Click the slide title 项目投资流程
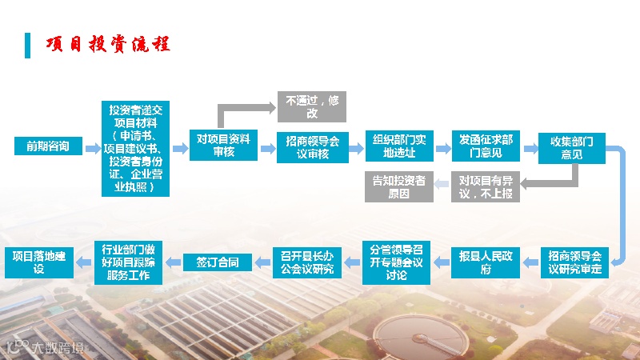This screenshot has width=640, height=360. (108, 43)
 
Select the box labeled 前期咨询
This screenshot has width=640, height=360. (48, 146)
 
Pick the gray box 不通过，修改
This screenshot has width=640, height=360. (311, 107)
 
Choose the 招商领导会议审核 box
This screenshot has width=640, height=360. (313, 147)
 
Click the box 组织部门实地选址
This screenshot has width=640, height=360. (399, 146)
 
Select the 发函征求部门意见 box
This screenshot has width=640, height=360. (486, 146)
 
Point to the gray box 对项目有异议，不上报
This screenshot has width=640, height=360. (486, 186)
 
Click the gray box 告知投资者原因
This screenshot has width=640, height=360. (399, 186)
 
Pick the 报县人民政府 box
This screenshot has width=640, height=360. (486, 262)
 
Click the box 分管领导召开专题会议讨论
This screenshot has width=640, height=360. (396, 262)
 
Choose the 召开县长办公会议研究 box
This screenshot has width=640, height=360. (307, 262)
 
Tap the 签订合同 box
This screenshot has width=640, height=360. (218, 262)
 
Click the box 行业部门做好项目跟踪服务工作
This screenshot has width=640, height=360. (130, 262)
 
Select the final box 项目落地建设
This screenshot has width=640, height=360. (40, 262)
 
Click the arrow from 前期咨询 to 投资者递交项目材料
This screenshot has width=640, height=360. (92, 146)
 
